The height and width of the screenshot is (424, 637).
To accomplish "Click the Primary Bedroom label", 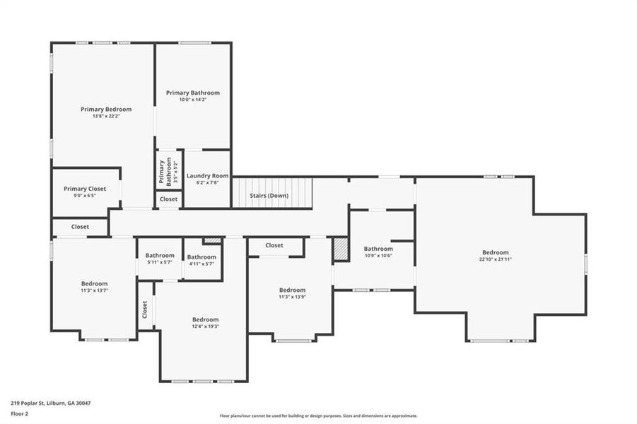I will [x=105, y=110].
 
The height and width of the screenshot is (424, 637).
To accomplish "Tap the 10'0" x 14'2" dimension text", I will [x=192, y=100].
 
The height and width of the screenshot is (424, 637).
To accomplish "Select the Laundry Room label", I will [x=207, y=175].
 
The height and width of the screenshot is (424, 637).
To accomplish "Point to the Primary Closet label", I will [x=85, y=189].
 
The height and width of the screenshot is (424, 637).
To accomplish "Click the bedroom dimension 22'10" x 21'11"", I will [x=495, y=259].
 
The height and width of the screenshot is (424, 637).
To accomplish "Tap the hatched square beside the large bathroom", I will [x=341, y=249].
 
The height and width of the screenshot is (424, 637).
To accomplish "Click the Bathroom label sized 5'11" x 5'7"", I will [x=160, y=255].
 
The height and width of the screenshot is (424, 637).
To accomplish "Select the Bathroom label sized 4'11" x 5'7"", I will [x=201, y=257].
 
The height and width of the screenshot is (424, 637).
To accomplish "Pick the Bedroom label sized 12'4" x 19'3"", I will [x=205, y=319].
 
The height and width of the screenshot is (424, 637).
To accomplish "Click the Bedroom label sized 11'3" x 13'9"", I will [x=292, y=290].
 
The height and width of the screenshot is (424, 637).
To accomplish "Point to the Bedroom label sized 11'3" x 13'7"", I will [x=94, y=283].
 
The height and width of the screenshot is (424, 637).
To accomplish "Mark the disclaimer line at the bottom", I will [x=318, y=416].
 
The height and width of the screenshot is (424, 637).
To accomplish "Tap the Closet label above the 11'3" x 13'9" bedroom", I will [x=274, y=245].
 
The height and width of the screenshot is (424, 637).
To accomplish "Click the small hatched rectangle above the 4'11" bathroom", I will [x=212, y=241].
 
